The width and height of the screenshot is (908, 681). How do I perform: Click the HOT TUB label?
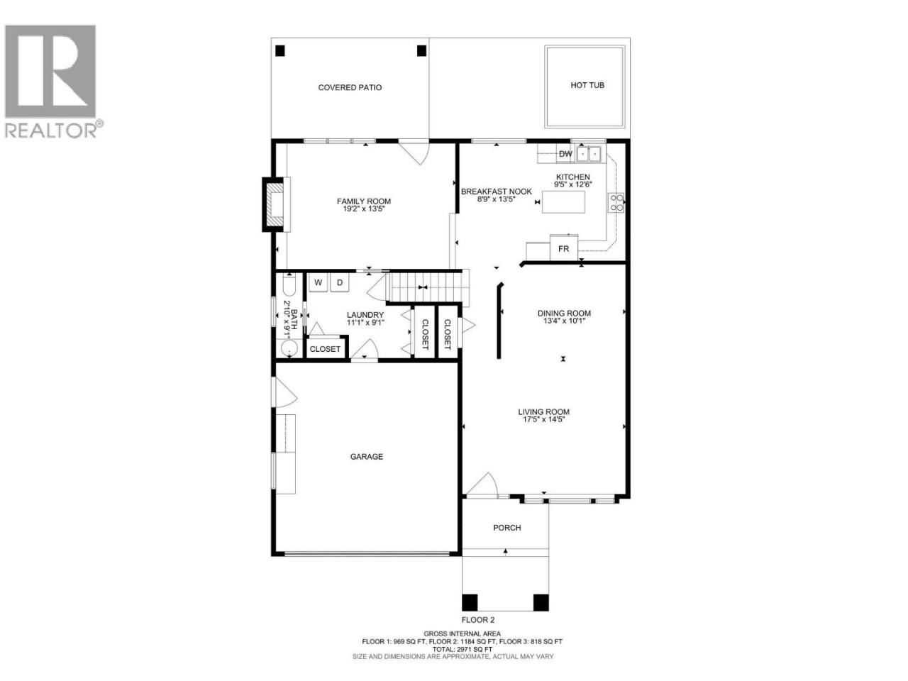pyautogui.click(x=587, y=85)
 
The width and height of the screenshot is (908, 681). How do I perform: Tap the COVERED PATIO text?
pyautogui.click(x=350, y=88)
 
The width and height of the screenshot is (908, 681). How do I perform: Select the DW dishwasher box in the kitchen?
pyautogui.click(x=565, y=154)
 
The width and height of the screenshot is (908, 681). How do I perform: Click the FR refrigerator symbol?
pyautogui.click(x=563, y=248)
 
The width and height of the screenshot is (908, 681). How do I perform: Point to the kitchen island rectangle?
pyautogui.click(x=563, y=201)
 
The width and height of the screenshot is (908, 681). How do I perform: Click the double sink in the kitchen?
pyautogui.click(x=588, y=154)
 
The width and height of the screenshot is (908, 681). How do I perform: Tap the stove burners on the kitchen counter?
pyautogui.click(x=615, y=203)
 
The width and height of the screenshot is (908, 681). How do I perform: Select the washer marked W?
pyautogui.click(x=318, y=282)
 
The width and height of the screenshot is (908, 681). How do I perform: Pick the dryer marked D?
pyautogui.click(x=340, y=282)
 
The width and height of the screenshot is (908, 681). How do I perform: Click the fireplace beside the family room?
pyautogui.click(x=275, y=204)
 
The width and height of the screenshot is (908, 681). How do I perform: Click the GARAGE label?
pyautogui.click(x=366, y=456)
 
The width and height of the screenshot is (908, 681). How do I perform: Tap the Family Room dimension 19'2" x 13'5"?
pyautogui.click(x=364, y=209)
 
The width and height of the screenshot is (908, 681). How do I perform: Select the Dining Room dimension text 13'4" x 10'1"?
pyautogui.click(x=563, y=321)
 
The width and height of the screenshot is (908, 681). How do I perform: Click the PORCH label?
pyautogui.click(x=506, y=528)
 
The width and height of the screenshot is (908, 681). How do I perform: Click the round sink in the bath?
pyautogui.click(x=289, y=348)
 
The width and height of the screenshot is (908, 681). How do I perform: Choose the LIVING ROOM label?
pyautogui.click(x=543, y=412)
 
